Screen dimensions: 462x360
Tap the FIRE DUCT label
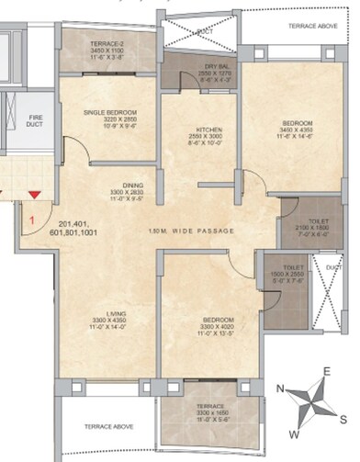point(11,121)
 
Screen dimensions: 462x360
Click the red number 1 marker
point(31,220)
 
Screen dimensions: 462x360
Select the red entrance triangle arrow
point(34,194)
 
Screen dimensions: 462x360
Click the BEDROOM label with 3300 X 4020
point(208,321)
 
